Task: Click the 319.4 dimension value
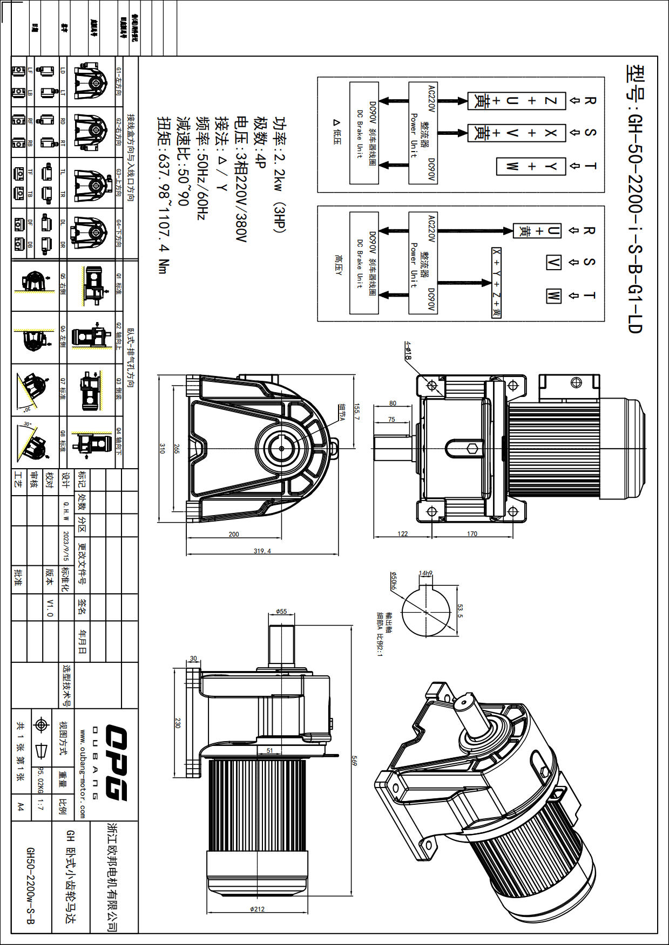(262, 551)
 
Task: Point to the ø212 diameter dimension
(258, 909)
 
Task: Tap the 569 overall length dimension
(354, 761)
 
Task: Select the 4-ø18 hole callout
(408, 351)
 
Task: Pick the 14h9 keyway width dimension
(425, 573)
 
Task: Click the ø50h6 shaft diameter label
(394, 581)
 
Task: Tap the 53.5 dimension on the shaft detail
(459, 610)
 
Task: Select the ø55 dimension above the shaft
(281, 611)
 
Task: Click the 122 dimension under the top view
(403, 533)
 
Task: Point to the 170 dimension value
(472, 533)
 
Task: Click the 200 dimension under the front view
(233, 534)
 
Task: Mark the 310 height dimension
(162, 448)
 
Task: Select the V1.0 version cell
(50, 607)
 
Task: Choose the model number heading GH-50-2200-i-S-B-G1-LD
(635, 199)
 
